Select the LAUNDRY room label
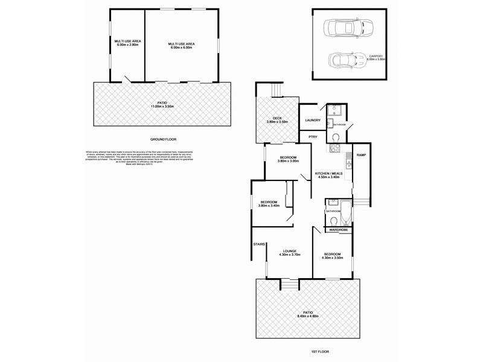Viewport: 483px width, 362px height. pos(313,120)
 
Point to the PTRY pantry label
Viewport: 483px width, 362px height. pos(313,137)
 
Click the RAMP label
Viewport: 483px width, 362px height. pos(361,155)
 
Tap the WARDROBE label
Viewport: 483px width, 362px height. pos(337,229)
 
